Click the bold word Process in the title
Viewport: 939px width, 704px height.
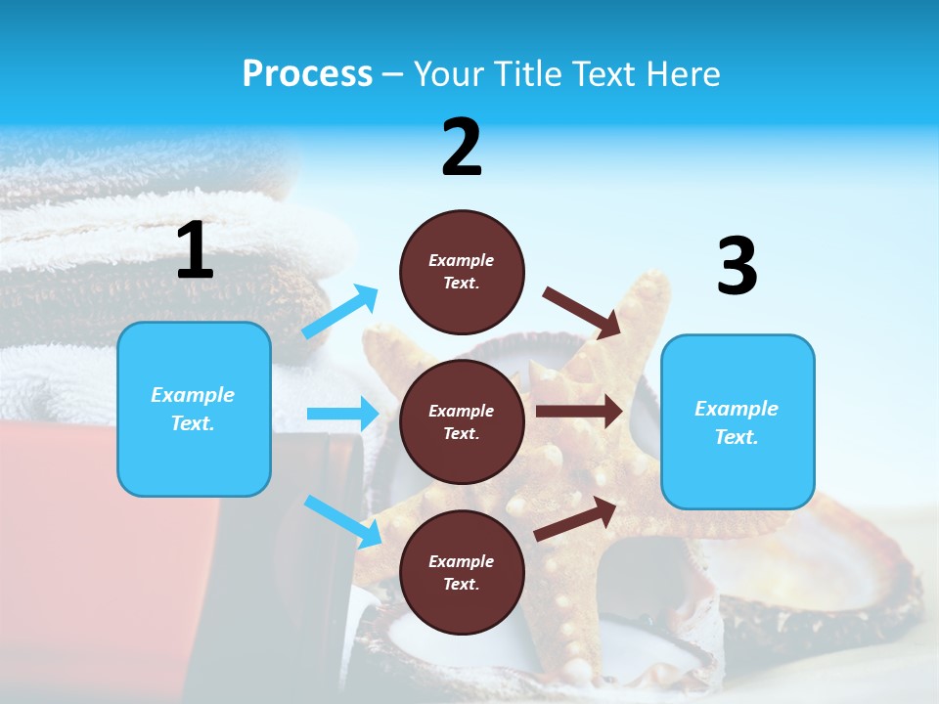(x=307, y=73)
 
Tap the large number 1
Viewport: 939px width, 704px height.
(x=195, y=250)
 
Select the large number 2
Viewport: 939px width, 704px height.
(x=462, y=148)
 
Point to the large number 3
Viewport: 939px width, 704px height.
(x=737, y=267)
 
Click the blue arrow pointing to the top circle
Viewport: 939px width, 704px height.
(x=340, y=311)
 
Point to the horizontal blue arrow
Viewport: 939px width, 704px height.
(x=342, y=414)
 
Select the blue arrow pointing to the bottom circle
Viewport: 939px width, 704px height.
(x=342, y=520)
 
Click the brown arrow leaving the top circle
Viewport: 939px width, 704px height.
(x=582, y=312)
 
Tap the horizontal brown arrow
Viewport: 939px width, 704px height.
(x=579, y=412)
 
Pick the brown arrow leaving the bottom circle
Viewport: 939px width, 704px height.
(x=576, y=519)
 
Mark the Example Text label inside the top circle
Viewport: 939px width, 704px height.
(x=462, y=272)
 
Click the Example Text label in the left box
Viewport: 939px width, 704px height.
(x=193, y=409)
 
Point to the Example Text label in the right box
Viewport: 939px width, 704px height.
(x=737, y=422)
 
